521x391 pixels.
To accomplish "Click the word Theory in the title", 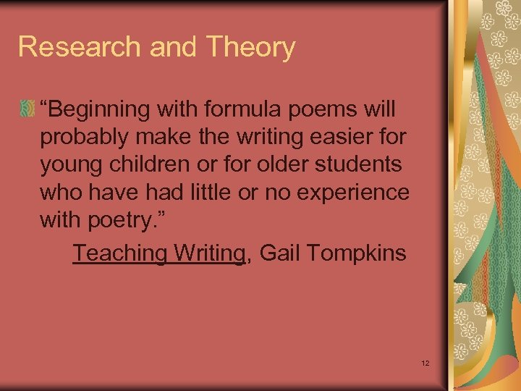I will [x=251, y=47].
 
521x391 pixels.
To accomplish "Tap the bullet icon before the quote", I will [x=27, y=110].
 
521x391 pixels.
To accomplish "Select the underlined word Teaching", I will [x=119, y=254].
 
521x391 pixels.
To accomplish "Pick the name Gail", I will [x=279, y=253].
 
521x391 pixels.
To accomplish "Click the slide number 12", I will [x=425, y=362].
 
